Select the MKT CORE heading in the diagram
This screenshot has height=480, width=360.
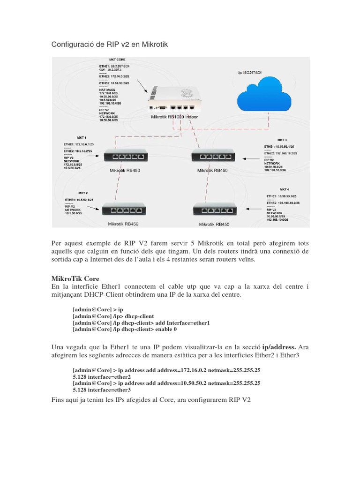tap(117, 60)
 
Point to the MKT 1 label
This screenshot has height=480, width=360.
tap(69, 138)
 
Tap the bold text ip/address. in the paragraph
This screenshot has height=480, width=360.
tap(279, 347)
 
